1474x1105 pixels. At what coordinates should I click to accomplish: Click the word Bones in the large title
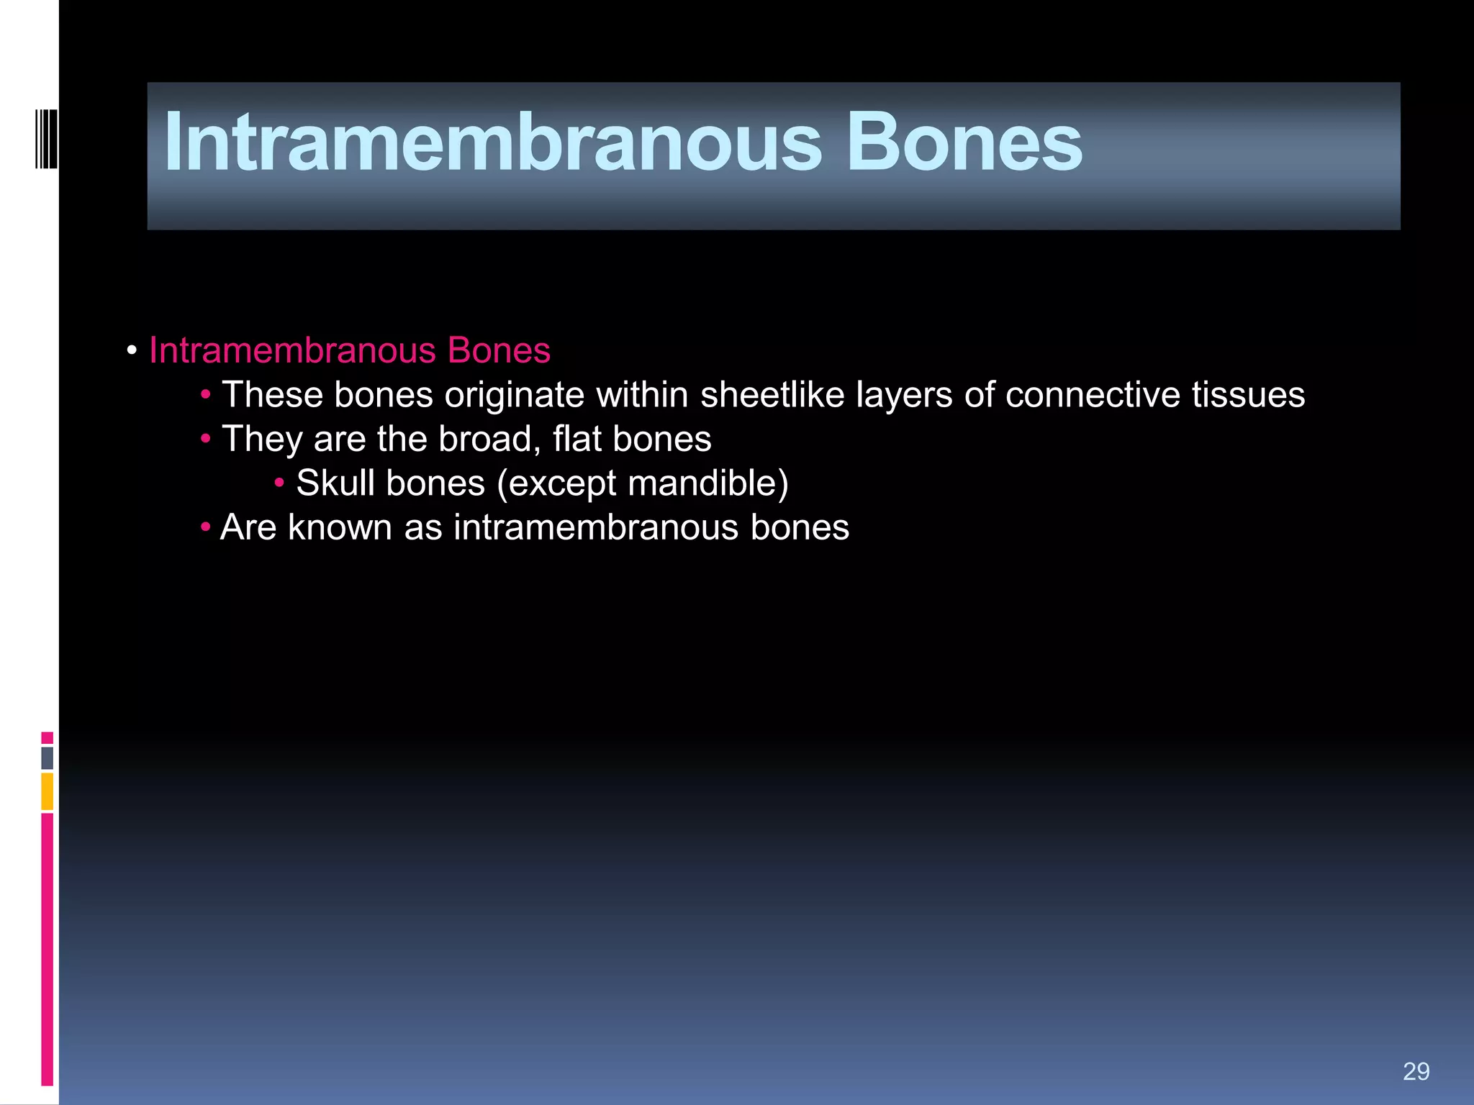pos(964,142)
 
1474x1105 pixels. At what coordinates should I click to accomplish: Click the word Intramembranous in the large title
pos(493,142)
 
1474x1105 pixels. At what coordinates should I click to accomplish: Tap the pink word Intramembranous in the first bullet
pos(292,351)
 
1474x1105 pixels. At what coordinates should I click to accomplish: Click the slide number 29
pos(1416,1072)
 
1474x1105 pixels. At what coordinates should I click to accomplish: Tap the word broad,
pos(489,439)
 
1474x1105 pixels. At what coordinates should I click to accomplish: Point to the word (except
pos(556,483)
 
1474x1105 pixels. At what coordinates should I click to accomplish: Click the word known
pos(340,527)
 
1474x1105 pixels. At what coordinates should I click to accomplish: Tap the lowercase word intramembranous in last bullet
pos(596,527)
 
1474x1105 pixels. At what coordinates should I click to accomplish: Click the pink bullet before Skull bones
pos(279,483)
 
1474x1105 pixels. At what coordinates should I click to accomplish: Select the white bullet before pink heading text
pos(132,351)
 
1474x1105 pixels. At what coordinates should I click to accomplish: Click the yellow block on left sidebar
pos(48,791)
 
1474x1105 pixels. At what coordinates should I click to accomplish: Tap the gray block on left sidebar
pos(48,758)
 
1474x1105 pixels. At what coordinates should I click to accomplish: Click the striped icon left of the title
pos(46,138)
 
